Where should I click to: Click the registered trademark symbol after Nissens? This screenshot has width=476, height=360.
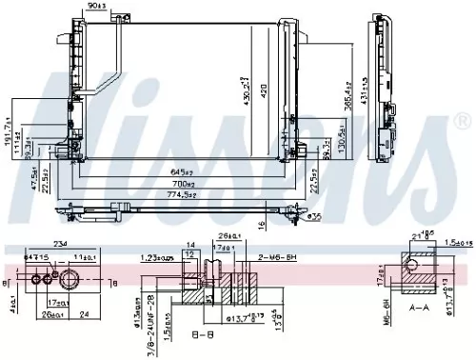(x=462, y=122)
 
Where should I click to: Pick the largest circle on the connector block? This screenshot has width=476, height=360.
(x=71, y=279)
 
